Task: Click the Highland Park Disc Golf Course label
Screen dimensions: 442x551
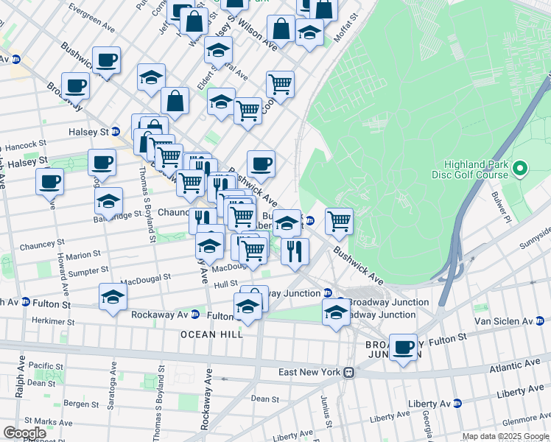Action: (475, 169)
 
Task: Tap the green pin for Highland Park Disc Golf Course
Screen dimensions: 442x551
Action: (520, 169)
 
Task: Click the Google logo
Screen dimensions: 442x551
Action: (24, 433)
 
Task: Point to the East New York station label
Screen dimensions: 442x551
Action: (309, 372)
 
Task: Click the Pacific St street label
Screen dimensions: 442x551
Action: (46, 365)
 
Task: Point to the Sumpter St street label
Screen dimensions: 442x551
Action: (88, 271)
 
